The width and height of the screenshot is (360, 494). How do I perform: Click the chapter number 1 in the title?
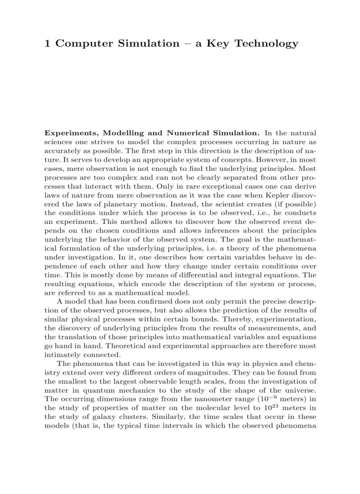point(48,44)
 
